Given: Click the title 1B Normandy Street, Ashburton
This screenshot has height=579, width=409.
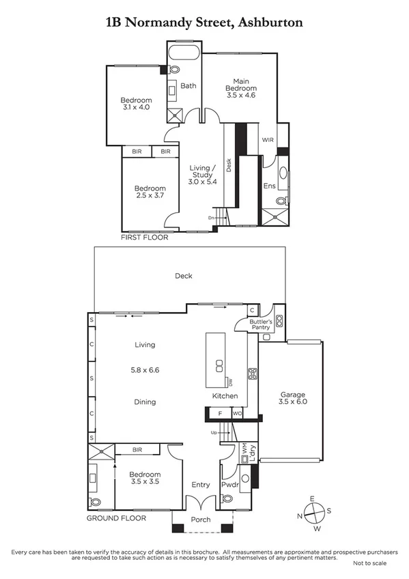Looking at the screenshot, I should click(204, 23).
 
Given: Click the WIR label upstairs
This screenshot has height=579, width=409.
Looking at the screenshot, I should click(267, 139).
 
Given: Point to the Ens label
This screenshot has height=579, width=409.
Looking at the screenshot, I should click(269, 186).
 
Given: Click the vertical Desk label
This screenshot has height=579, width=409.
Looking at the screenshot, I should click(229, 165).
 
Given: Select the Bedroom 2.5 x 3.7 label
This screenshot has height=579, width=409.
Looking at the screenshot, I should click(150, 193).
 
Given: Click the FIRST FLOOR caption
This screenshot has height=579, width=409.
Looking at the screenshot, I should click(144, 238).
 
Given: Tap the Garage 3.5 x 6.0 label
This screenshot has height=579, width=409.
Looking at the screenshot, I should click(292, 399).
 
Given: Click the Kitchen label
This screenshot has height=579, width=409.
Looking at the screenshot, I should click(225, 396).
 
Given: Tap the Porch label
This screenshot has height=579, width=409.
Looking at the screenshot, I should click(201, 520).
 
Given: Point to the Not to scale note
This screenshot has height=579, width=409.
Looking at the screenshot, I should click(369, 563).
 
